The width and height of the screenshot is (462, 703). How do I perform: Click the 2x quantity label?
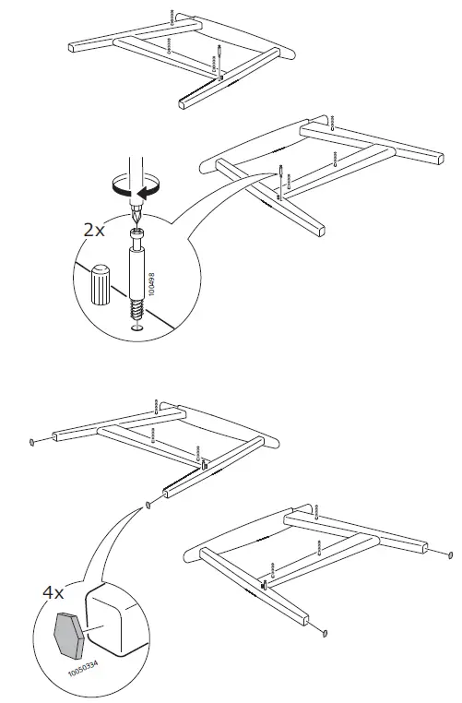tap(94, 229)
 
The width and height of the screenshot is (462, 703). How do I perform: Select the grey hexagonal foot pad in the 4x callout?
tap(70, 624)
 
